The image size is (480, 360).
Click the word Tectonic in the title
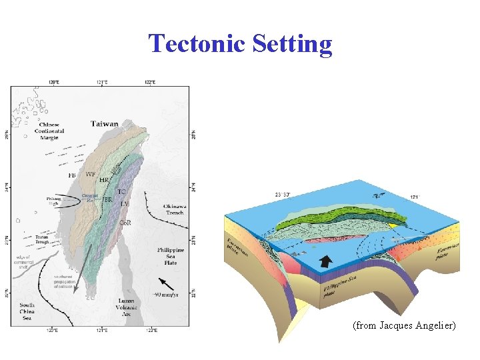[197, 44]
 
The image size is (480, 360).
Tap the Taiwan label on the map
[105, 123]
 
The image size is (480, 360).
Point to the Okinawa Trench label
[174, 210]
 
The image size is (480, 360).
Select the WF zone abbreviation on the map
[91, 174]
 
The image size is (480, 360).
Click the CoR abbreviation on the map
[125, 223]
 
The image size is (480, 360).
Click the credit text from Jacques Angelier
[404, 326]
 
